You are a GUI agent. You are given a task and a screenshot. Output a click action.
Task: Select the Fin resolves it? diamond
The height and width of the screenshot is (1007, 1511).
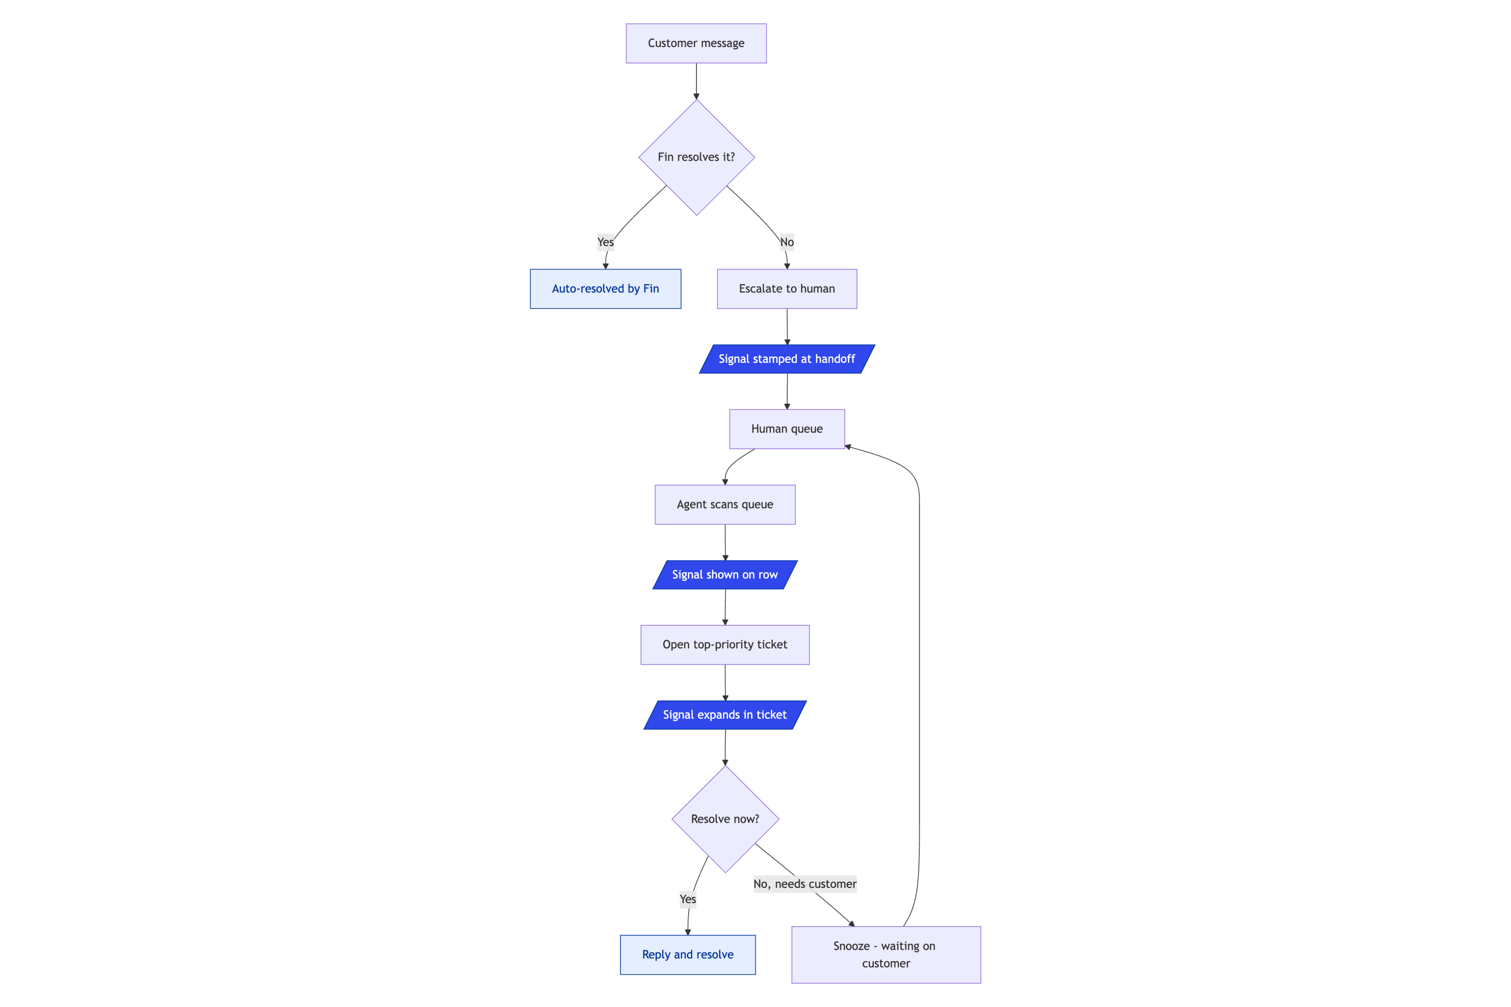click(x=696, y=158)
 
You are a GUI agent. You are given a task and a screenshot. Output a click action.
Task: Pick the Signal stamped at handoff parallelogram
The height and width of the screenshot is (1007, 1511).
click(x=787, y=359)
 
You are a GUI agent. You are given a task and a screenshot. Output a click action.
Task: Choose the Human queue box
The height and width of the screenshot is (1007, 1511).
click(x=787, y=429)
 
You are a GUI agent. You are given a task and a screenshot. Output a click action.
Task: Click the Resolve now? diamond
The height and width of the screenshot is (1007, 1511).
click(x=725, y=820)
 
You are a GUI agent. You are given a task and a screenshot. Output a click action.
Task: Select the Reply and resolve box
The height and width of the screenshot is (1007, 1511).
click(x=688, y=955)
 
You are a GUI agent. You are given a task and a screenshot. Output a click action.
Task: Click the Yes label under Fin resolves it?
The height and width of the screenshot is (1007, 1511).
click(x=605, y=242)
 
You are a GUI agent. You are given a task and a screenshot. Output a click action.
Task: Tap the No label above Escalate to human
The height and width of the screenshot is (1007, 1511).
click(x=787, y=242)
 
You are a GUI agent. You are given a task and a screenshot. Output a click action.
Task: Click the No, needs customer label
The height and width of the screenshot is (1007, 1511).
click(x=805, y=884)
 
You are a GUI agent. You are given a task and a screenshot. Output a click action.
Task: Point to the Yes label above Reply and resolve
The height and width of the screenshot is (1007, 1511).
click(x=688, y=899)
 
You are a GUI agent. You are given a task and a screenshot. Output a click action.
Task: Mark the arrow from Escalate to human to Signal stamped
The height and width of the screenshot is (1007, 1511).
click(x=787, y=327)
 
